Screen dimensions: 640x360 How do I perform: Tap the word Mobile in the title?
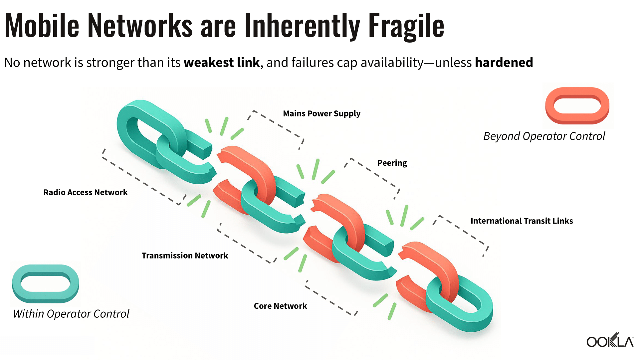tap(42, 25)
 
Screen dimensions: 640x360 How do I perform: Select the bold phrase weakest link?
tap(222, 62)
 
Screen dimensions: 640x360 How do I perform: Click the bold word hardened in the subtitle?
tap(504, 62)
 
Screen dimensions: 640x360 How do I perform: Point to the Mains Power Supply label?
tap(321, 113)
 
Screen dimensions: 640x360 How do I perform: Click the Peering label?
tap(392, 163)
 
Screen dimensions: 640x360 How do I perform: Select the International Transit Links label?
tap(522, 221)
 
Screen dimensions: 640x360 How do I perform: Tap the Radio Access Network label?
tap(85, 192)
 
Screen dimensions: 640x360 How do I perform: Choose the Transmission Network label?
tap(185, 256)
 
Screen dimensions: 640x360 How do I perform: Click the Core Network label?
tap(280, 306)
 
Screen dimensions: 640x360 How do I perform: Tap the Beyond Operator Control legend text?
tap(544, 136)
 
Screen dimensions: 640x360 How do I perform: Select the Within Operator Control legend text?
tap(71, 314)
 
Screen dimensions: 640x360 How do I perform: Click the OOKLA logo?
tap(610, 341)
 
